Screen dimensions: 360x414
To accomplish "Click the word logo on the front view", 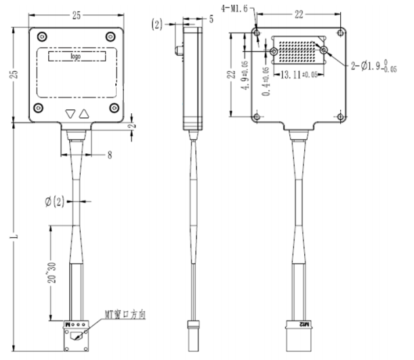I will coord(76,57).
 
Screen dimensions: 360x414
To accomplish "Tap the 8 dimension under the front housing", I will coord(110,155).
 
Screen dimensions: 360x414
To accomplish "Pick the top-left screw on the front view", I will coord(41,36).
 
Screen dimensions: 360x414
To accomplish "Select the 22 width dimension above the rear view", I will coord(299,13).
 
